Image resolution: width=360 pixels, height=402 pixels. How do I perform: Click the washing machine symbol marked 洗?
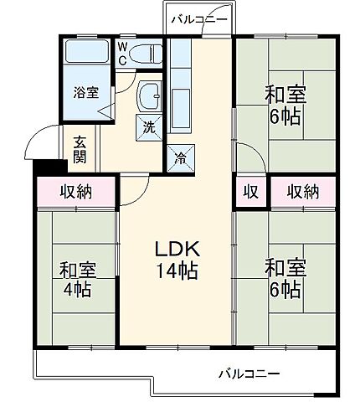147,128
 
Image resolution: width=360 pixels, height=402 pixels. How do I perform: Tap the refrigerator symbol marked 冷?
181,156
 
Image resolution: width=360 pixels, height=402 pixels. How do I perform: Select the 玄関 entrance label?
80,148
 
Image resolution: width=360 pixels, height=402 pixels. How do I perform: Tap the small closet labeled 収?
249,192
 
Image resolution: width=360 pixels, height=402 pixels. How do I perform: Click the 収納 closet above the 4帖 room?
75,193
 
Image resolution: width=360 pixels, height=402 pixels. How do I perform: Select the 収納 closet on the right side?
303,192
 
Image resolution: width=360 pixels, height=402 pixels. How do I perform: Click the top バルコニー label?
198,18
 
